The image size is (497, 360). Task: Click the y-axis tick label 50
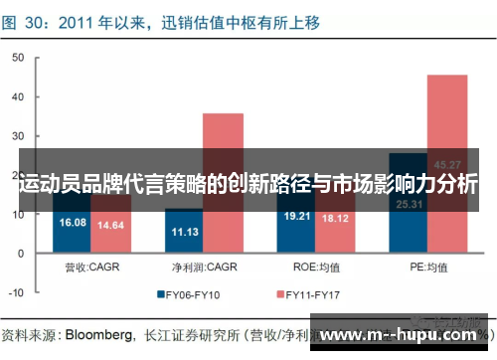click(x=17, y=58)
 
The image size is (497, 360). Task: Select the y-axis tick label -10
click(x=15, y=292)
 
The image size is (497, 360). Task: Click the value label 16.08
click(x=73, y=223)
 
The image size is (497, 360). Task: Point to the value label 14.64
click(x=110, y=226)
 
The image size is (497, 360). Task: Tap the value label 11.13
click(x=184, y=232)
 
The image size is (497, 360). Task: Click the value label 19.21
click(x=297, y=215)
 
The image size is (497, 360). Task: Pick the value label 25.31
click(x=409, y=204)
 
